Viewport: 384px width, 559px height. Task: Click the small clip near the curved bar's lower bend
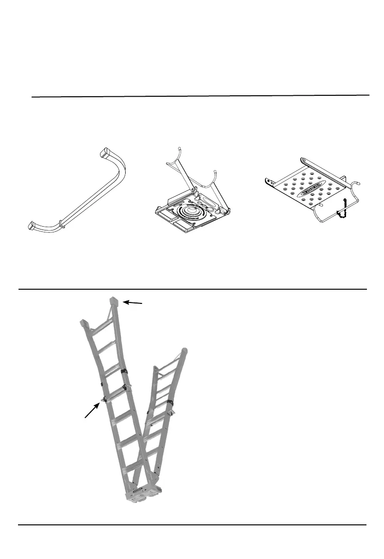pyautogui.click(x=61, y=221)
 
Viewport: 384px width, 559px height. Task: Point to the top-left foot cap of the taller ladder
pyautogui.click(x=84, y=324)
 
